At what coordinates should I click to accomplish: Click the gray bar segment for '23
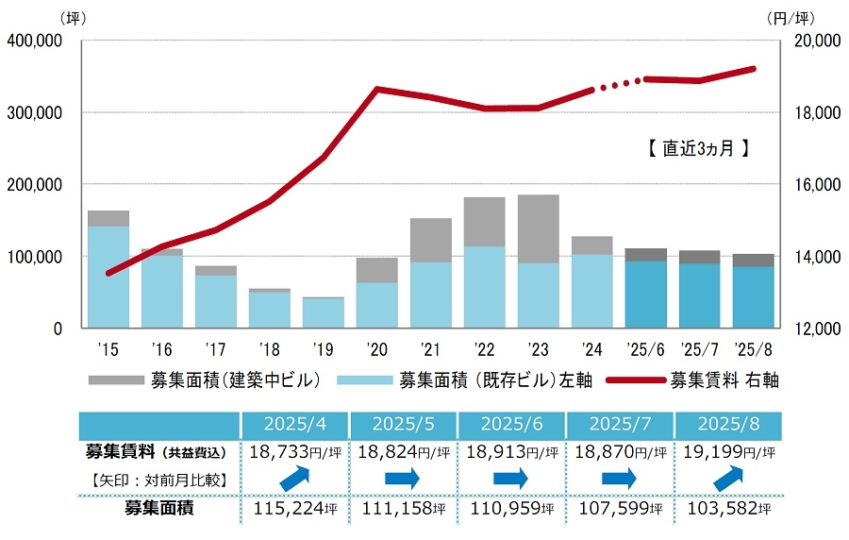point(538,228)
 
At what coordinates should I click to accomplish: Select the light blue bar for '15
point(108,277)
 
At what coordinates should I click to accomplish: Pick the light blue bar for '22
point(484,287)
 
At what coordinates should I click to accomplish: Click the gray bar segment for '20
point(376,270)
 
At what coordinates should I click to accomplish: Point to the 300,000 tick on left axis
point(35,112)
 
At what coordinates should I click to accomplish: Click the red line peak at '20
point(376,89)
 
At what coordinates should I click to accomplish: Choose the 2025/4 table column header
point(295,425)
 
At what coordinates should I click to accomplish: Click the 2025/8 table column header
point(727,425)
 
